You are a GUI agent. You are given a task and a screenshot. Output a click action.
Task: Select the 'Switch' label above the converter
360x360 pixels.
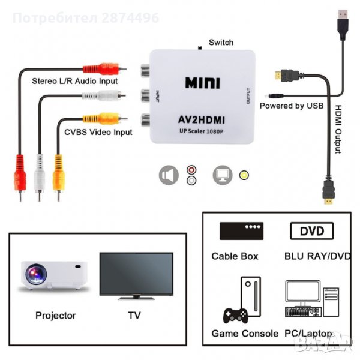click(221, 43)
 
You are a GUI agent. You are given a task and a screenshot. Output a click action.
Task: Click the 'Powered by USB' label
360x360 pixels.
click(292, 106)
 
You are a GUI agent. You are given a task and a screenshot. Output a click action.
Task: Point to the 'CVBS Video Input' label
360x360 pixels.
click(98, 132)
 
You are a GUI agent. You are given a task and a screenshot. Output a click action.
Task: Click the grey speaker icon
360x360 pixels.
click(169, 175)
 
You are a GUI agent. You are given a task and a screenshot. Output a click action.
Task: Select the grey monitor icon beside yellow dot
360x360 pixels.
click(223, 175)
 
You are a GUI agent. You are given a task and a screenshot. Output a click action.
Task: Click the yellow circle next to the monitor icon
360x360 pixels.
click(244, 175)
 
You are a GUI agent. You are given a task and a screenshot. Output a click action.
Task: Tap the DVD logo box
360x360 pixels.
click(311, 231)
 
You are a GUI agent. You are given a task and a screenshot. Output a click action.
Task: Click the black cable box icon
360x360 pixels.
click(241, 231)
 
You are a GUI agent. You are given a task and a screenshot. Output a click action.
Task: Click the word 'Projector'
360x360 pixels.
click(56, 315)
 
